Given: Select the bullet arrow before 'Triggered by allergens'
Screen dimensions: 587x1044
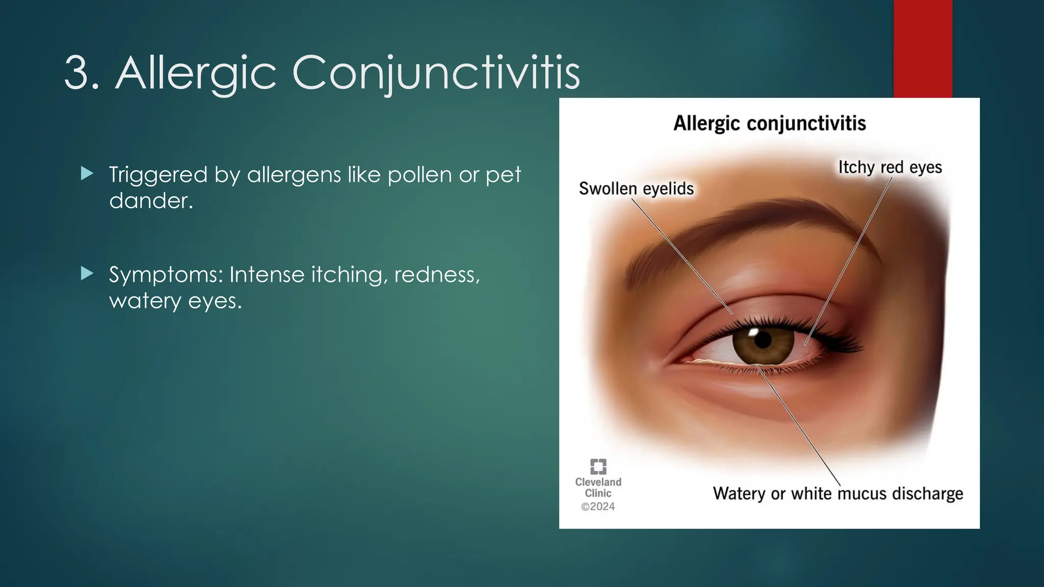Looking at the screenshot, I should click(x=87, y=174).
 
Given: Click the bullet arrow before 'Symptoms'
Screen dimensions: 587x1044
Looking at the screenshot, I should click(x=87, y=274).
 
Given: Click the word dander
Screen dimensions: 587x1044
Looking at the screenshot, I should click(x=150, y=201).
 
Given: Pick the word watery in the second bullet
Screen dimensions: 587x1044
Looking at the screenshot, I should click(x=145, y=301).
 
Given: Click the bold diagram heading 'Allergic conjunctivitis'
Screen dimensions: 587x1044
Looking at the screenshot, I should click(x=769, y=123).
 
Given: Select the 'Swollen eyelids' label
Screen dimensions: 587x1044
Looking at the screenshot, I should click(x=636, y=189).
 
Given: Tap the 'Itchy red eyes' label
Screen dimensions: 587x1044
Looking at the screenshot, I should click(x=890, y=167).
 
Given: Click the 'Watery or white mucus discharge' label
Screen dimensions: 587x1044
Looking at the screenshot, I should click(x=838, y=493).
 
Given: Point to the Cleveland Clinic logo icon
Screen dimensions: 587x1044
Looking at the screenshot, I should click(x=598, y=466).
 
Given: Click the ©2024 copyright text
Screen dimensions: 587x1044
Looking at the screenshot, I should click(x=598, y=506).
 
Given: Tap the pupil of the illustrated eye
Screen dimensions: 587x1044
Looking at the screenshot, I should click(x=763, y=340).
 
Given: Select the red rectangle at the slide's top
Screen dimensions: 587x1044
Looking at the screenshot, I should click(x=923, y=48).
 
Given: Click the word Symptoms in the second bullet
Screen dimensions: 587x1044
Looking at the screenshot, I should click(x=166, y=275).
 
